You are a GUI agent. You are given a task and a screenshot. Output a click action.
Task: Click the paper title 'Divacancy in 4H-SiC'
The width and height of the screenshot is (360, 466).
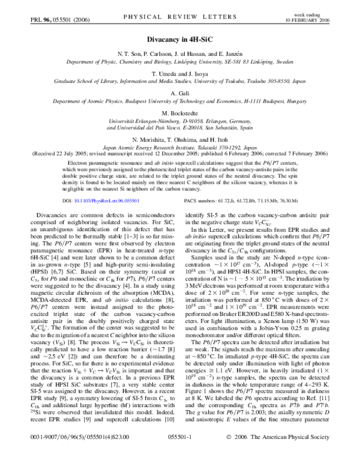pyautogui.click(x=179, y=41)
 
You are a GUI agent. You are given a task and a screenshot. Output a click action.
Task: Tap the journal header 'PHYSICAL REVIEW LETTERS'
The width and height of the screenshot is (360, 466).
pyautogui.click(x=179, y=19)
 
